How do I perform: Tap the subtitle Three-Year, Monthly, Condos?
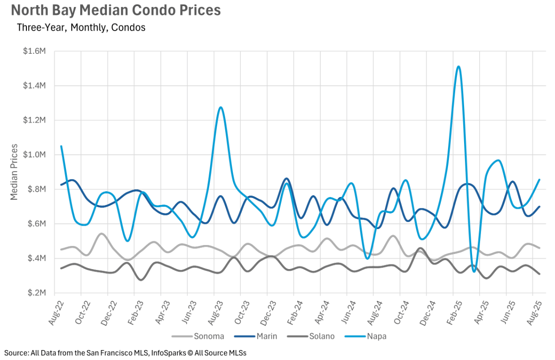point(81,27)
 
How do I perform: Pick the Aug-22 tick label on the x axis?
point(56,312)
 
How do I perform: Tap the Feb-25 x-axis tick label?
point(452,312)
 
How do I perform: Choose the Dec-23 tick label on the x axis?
point(267,312)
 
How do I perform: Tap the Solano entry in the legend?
point(322,336)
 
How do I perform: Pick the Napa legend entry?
point(376,336)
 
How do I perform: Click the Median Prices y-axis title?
point(14,172)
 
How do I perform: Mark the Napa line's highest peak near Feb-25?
point(458,66)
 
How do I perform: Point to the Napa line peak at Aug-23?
point(220,107)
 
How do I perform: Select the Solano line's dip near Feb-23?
point(140,280)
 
